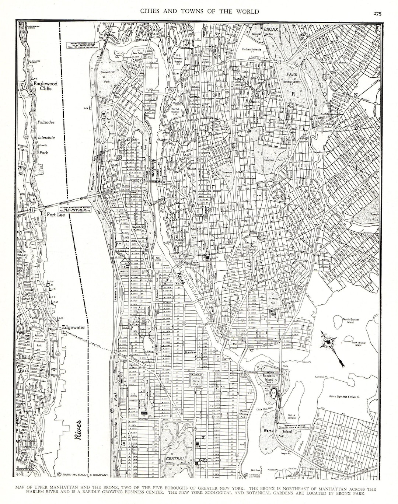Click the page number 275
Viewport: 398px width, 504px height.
click(x=377, y=14)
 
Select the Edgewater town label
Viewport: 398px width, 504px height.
click(x=73, y=327)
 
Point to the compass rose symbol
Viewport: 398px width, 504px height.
click(x=328, y=343)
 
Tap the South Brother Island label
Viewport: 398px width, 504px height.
click(x=360, y=344)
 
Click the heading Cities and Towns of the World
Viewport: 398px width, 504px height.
click(x=199, y=11)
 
